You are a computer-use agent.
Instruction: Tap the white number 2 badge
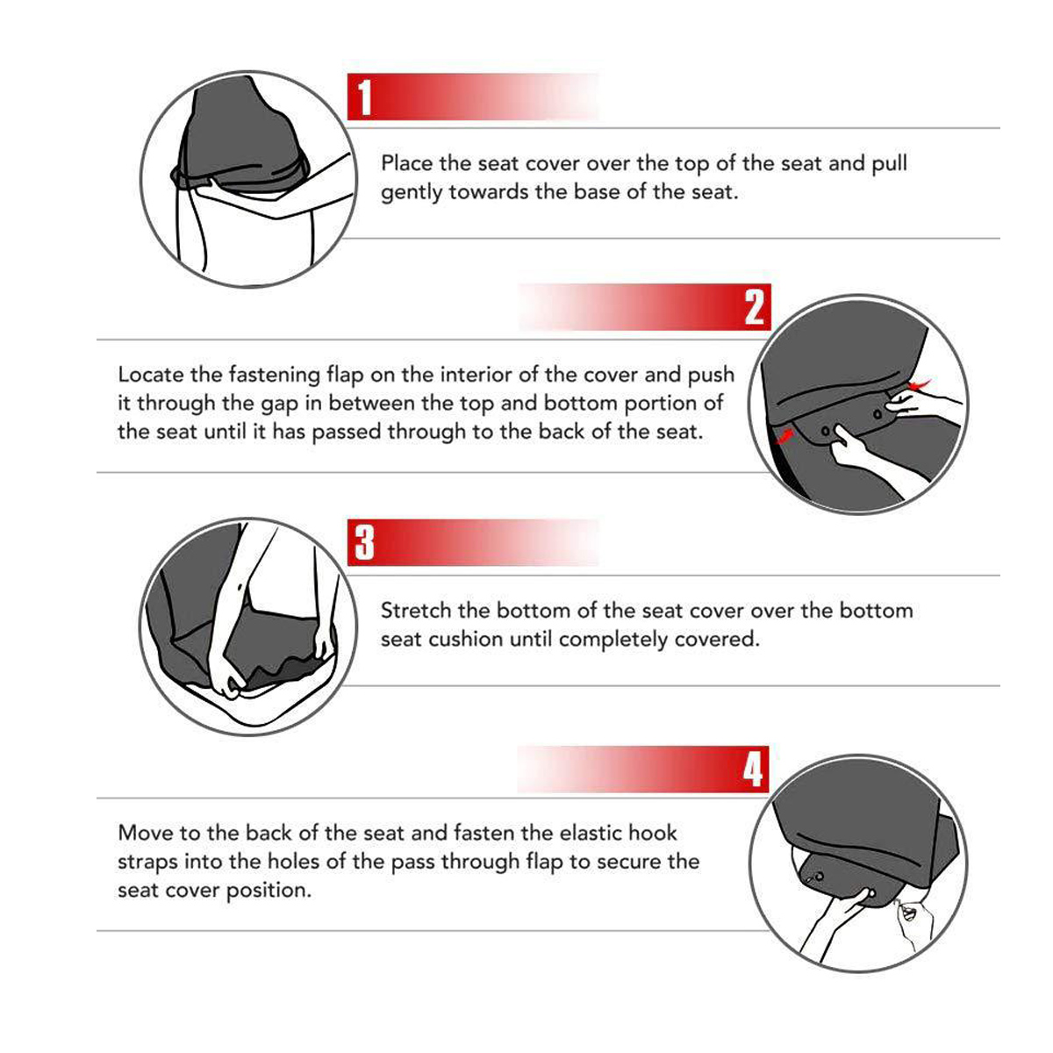(x=754, y=307)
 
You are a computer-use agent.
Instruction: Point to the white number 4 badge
(x=754, y=770)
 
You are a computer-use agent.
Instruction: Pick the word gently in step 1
(x=412, y=193)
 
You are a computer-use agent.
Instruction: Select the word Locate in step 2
(x=151, y=376)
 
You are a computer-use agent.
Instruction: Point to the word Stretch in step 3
(x=416, y=611)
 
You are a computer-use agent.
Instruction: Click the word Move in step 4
(x=143, y=833)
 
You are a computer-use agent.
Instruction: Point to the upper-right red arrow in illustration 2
(x=921, y=384)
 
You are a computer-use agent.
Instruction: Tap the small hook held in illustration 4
(x=909, y=914)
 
